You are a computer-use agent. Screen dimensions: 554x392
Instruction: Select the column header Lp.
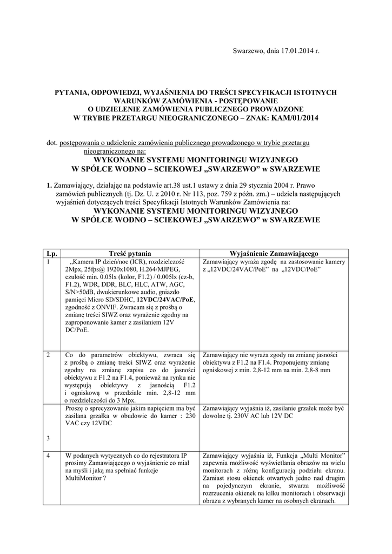coord(51,253)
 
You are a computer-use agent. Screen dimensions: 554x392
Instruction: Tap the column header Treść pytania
coord(130,253)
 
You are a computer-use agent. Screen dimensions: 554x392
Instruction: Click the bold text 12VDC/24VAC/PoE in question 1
coord(167,299)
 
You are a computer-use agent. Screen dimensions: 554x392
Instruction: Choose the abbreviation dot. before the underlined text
coord(52,142)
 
